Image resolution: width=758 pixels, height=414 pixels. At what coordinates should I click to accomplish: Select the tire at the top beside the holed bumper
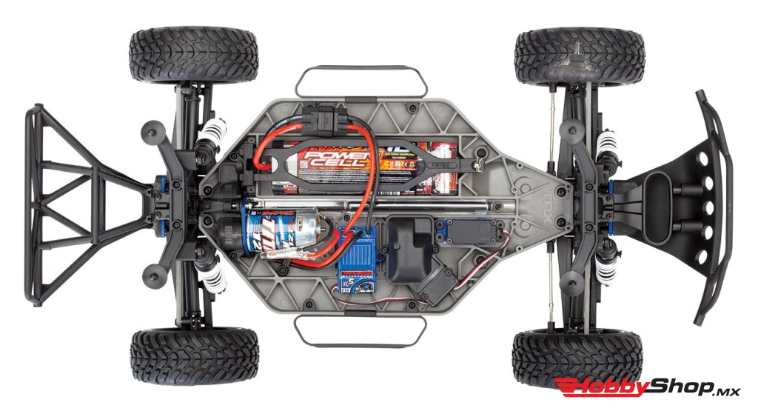[x=579, y=56]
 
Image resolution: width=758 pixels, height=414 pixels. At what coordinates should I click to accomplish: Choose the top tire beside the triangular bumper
[x=194, y=56]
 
